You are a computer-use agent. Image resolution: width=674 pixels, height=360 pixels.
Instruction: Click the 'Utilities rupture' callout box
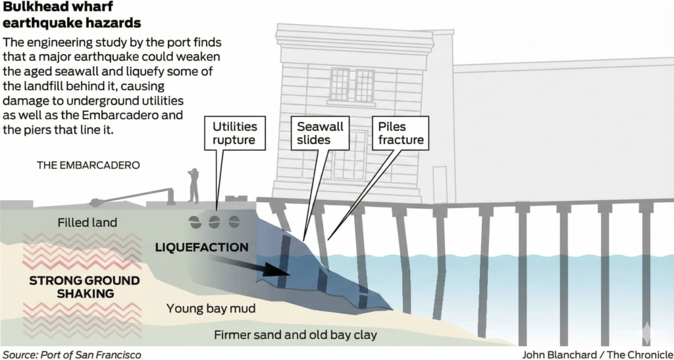(235, 133)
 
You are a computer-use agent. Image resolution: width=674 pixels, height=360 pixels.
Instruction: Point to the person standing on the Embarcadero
(193, 185)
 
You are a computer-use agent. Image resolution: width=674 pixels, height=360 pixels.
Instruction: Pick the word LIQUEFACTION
(202, 247)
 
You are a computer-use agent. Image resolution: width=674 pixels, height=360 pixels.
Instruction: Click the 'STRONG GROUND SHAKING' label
(84, 287)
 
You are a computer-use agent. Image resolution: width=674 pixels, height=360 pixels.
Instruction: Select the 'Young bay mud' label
(211, 308)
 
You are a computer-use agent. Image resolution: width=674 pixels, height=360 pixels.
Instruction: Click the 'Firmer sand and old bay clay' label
(296, 335)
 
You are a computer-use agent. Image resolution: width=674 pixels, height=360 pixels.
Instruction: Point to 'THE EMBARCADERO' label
(88, 165)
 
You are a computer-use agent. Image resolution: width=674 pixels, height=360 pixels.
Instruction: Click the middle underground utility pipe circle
(214, 222)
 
